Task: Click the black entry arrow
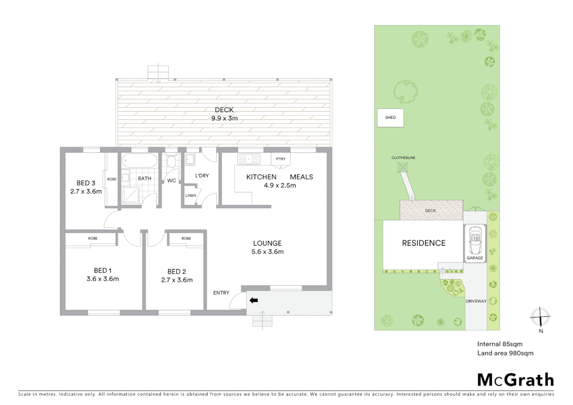[x=254, y=300]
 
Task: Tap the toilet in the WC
[x=171, y=162]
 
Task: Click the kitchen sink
[x=248, y=159]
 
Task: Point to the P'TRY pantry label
[x=280, y=159]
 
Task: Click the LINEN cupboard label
[x=190, y=195]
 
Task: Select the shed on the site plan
[x=390, y=118]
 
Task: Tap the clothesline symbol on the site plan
[x=403, y=167]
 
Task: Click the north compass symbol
[x=540, y=317]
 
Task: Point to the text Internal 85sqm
[x=499, y=344]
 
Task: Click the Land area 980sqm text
[x=505, y=353]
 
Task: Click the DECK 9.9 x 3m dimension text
[x=224, y=118]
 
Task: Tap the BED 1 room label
[x=103, y=270]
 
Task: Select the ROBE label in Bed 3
[x=112, y=179]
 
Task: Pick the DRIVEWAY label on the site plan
[x=476, y=301]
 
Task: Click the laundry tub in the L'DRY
[x=190, y=160]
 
